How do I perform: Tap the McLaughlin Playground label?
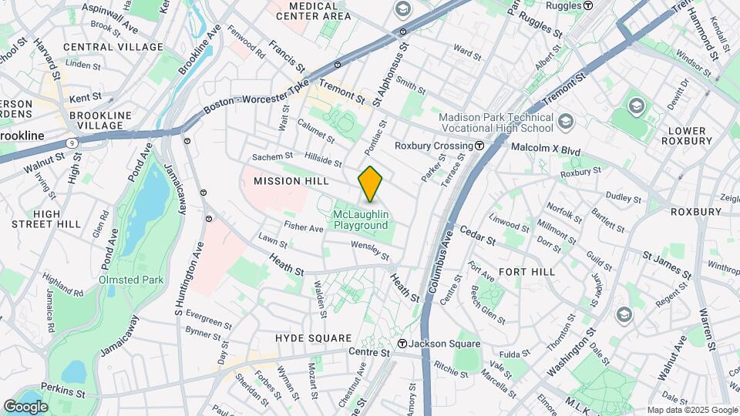pos(361,220)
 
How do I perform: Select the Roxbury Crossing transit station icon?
pos(479,146)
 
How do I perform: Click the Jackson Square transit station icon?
pos(402,344)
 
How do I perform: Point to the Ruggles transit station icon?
pos(588,5)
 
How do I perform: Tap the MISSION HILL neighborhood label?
pos(291,181)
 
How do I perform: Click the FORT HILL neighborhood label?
pos(527,272)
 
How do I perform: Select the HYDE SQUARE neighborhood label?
pos(313,338)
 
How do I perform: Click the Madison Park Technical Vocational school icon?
pos(566,122)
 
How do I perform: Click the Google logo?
pos(25,406)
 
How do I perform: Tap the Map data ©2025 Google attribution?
pos(691,410)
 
